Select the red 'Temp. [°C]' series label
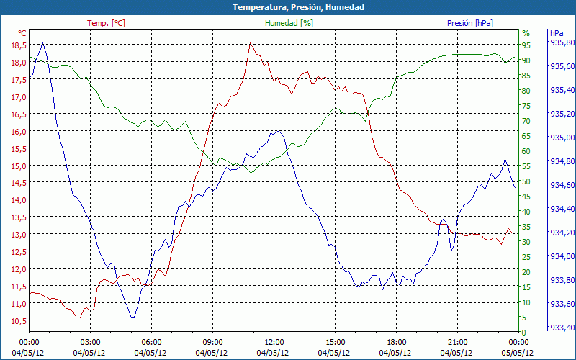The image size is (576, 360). [x=106, y=23]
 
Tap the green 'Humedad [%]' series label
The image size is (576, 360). [x=289, y=23]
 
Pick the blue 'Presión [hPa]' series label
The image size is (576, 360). [x=470, y=23]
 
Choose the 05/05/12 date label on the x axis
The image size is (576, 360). [x=519, y=352]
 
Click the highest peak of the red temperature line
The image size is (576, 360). [x=250, y=43]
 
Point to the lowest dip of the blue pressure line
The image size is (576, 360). [x=132, y=318]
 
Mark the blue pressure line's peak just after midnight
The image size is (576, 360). [x=43, y=43]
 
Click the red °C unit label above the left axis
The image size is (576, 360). [x=22, y=33]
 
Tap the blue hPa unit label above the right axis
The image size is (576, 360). [x=556, y=33]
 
